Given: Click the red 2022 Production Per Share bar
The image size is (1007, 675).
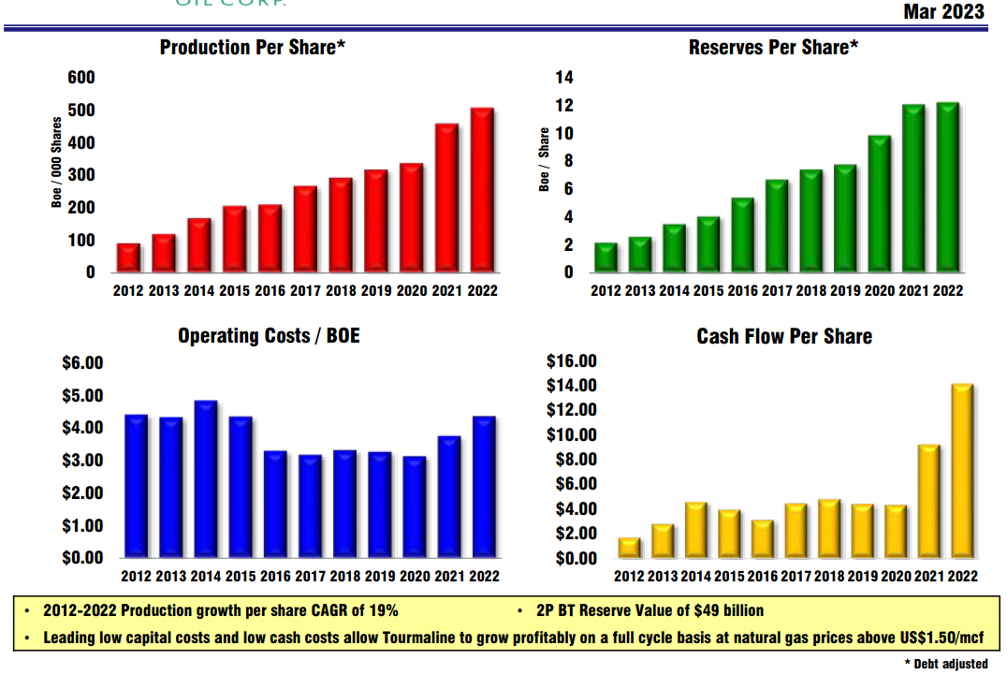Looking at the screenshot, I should click(x=482, y=191).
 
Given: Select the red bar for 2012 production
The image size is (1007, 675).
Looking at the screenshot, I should click(x=128, y=258).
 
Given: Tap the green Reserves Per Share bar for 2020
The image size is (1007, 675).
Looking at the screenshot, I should click(x=879, y=205).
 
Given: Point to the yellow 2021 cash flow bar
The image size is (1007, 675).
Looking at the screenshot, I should click(x=927, y=502).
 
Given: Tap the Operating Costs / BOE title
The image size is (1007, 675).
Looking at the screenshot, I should click(x=269, y=335).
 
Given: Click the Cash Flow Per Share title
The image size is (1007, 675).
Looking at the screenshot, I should click(x=784, y=336).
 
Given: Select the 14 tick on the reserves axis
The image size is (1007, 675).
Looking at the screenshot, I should click(x=563, y=78).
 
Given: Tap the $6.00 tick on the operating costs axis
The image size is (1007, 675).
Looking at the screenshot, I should click(x=82, y=363).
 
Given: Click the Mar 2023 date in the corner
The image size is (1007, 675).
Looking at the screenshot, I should click(x=943, y=11).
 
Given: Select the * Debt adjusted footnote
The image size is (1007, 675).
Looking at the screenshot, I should click(x=945, y=664).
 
